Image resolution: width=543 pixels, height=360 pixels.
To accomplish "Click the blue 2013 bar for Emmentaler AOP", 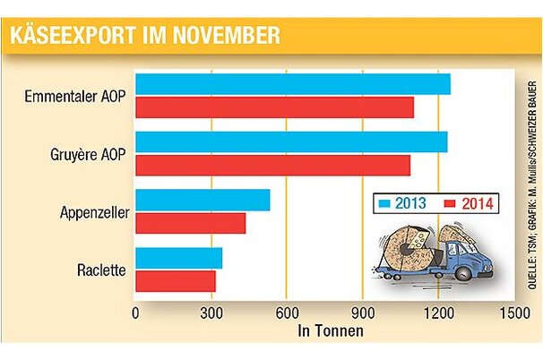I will pos(292,84).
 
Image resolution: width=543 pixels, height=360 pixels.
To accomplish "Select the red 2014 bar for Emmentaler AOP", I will pos(274,107).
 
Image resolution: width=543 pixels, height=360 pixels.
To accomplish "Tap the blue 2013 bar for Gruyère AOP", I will pos(291,142).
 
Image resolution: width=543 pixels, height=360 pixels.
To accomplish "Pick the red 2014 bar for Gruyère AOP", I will pos(272,166).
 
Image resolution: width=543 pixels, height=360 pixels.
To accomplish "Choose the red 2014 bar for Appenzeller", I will pos(190,223).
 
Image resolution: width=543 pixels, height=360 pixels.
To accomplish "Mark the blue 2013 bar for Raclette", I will pos(178,258).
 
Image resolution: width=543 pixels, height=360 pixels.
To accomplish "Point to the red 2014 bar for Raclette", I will pos(175,280).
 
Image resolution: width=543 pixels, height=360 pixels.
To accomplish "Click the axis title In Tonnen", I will pos(330,330).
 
